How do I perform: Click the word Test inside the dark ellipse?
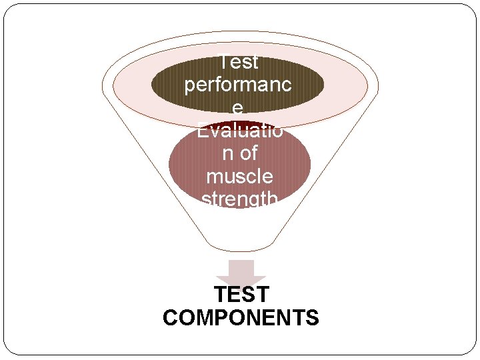click(239, 63)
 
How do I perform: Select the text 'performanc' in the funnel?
click(239, 86)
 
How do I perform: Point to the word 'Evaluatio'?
click(239, 131)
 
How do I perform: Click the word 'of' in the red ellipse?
click(249, 154)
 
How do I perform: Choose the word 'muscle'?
click(239, 177)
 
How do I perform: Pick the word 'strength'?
click(239, 199)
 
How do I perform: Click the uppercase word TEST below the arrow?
click(241, 294)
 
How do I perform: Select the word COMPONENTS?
click(241, 317)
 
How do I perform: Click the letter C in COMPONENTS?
click(171, 317)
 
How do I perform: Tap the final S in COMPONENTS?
click(312, 317)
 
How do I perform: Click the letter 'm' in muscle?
click(214, 177)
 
